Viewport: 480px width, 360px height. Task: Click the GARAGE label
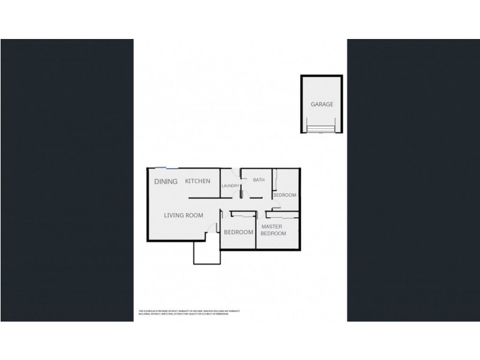pos(322,104)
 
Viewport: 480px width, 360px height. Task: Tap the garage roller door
pos(322,127)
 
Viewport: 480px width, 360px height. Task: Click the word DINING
pos(166,181)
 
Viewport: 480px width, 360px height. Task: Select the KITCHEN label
pos(197,181)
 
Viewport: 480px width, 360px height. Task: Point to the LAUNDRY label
pos(230,186)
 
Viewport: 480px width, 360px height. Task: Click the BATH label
pos(259,180)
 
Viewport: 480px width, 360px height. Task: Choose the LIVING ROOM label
pos(184,215)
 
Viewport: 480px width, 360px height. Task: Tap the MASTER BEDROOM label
pos(273,230)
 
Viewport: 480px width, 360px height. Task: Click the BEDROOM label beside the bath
pos(284,196)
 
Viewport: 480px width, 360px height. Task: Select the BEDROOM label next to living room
pos(238,232)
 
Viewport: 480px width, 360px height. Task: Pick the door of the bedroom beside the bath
pos(274,203)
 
